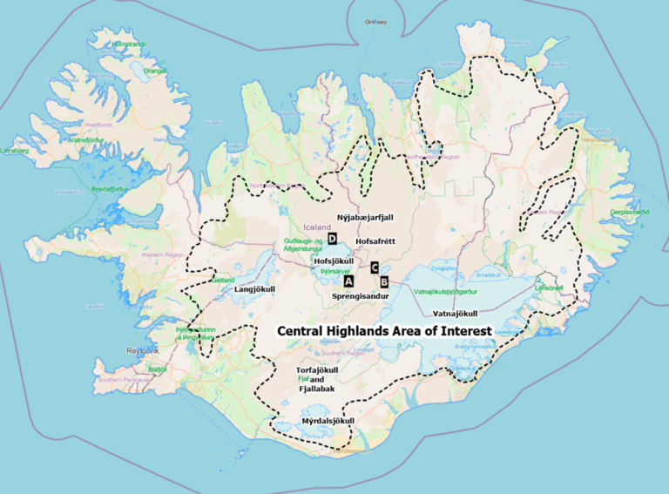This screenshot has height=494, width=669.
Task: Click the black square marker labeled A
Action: [348, 281]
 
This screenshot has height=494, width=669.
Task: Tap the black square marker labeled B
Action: [383, 281]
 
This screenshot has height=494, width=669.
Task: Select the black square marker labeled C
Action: [374, 267]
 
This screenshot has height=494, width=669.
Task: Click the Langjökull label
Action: [255, 288]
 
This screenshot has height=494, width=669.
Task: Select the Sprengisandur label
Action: [360, 296]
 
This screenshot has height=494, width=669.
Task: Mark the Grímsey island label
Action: [376, 21]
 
